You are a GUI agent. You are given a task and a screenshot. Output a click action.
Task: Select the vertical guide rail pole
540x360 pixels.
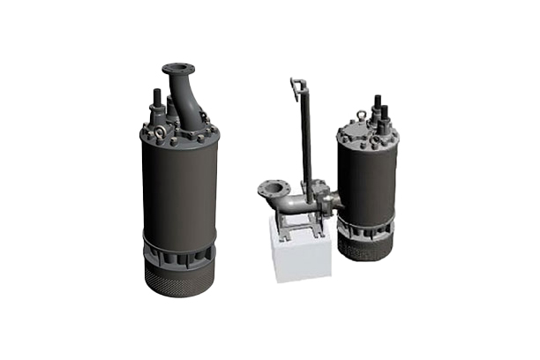tap(305, 141)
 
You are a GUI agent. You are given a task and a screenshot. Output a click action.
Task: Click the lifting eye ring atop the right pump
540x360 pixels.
tap(361, 115)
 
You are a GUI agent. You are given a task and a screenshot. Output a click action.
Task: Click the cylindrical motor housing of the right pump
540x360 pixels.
tap(367, 181)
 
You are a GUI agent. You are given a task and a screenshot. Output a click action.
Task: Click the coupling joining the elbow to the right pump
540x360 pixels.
tap(329, 203)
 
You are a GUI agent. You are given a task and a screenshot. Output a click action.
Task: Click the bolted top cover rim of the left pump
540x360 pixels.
tap(179, 139)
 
